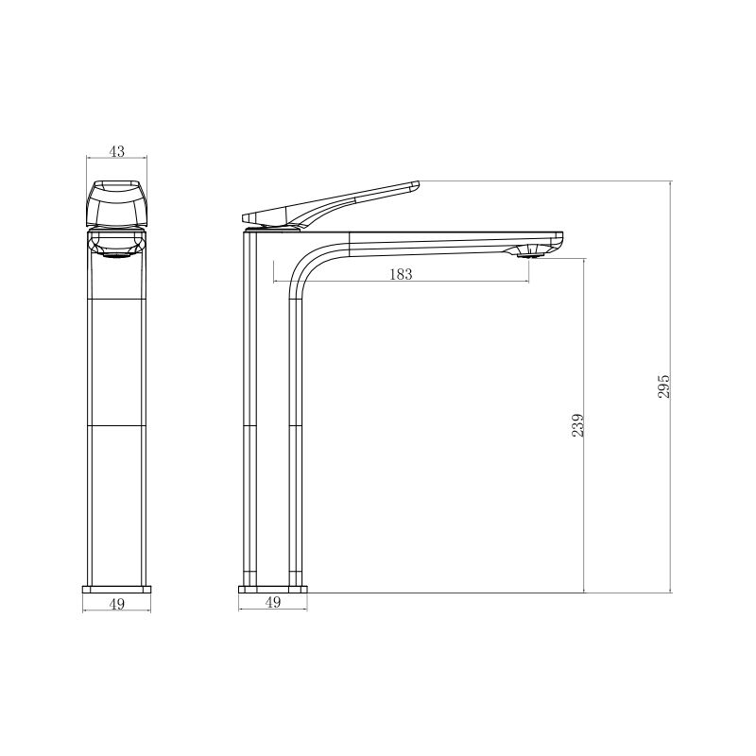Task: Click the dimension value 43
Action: click(116, 151)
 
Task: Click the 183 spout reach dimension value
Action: click(401, 274)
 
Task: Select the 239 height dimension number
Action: click(577, 424)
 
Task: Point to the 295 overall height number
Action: click(664, 387)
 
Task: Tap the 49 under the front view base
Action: click(117, 604)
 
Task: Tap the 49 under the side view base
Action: click(273, 602)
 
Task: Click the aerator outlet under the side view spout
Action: click(529, 251)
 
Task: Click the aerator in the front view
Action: click(116, 255)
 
